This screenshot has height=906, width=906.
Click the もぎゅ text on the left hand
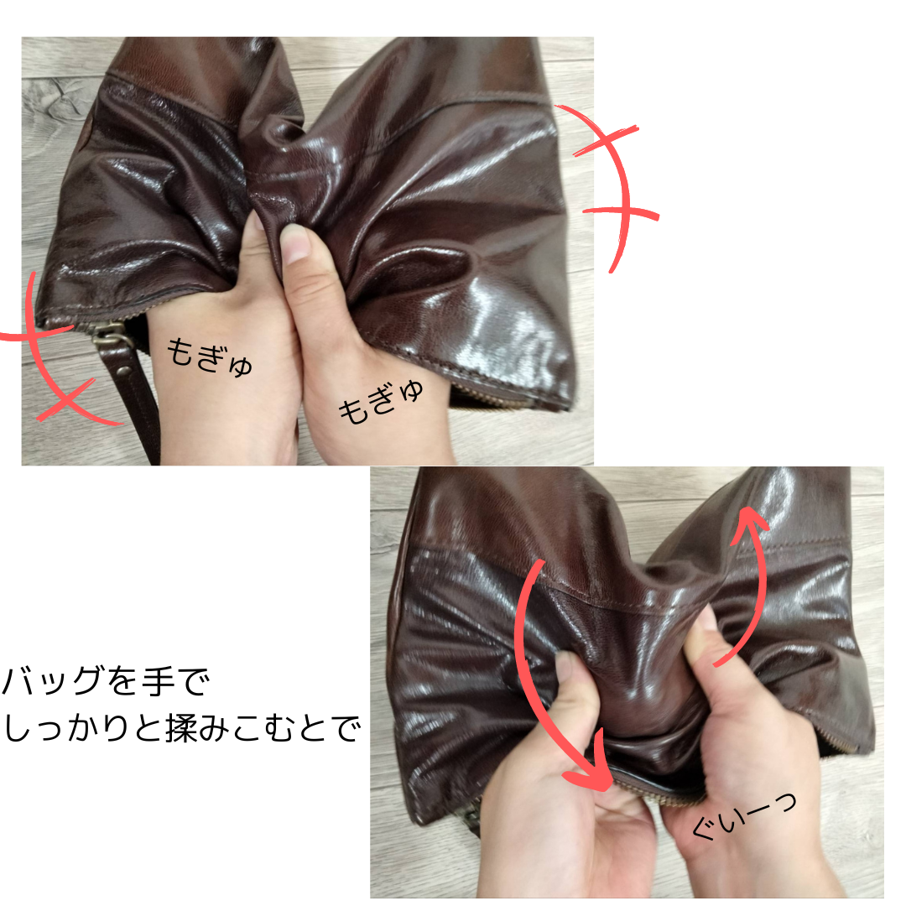[x=209, y=358]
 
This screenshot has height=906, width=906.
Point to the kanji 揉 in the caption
[x=183, y=728]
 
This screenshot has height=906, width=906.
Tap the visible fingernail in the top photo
[x=294, y=242]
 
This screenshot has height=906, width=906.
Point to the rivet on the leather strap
[x=123, y=371]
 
